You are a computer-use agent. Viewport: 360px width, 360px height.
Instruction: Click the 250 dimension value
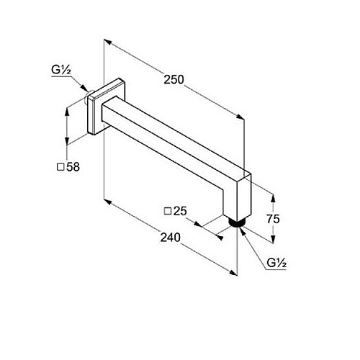pos(174,80)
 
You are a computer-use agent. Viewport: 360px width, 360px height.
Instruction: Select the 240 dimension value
pos(170,238)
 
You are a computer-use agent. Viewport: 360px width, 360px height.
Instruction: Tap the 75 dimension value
pos(273,219)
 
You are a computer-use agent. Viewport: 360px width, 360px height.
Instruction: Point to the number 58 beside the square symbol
pos(73,167)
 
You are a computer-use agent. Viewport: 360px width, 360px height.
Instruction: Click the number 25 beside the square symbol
pos(180,211)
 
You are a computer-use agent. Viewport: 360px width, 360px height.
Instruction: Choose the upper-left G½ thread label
pos(61,70)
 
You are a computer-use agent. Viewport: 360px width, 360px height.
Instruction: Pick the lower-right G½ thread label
pos(276,264)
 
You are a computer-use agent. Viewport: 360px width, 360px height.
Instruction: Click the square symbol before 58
pos(61,167)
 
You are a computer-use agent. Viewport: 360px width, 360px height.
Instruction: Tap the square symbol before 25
pos(168,211)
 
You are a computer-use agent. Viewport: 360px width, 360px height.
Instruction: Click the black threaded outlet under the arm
pos(236,222)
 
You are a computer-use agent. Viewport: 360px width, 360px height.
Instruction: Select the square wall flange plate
pos(107,106)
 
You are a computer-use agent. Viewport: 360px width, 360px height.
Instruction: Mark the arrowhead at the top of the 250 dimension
pos(107,42)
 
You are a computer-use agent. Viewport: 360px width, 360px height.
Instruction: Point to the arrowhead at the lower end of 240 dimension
pos(233,273)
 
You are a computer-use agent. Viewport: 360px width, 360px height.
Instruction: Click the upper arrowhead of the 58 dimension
pos(67,112)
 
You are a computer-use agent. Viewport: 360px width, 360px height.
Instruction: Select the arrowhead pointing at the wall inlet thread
pos(84,88)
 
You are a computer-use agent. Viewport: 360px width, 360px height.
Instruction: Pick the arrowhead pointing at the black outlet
pos(242,231)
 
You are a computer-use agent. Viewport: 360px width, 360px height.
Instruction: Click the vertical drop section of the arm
pos(238,196)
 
